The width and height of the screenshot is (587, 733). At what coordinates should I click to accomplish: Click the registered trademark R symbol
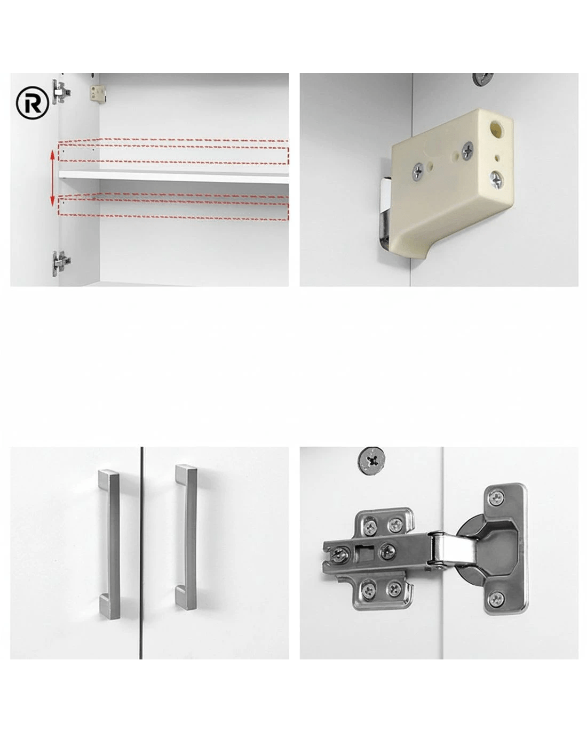(33, 102)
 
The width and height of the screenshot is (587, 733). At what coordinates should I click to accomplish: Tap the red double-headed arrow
(52, 178)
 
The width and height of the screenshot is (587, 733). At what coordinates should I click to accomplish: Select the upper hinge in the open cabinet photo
(61, 92)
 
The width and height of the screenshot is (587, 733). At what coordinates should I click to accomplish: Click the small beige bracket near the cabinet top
(97, 93)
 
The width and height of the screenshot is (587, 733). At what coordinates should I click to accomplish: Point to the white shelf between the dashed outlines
(173, 176)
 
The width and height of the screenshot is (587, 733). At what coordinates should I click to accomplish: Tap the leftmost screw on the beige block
(418, 171)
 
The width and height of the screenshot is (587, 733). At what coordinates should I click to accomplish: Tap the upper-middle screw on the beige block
(467, 151)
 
